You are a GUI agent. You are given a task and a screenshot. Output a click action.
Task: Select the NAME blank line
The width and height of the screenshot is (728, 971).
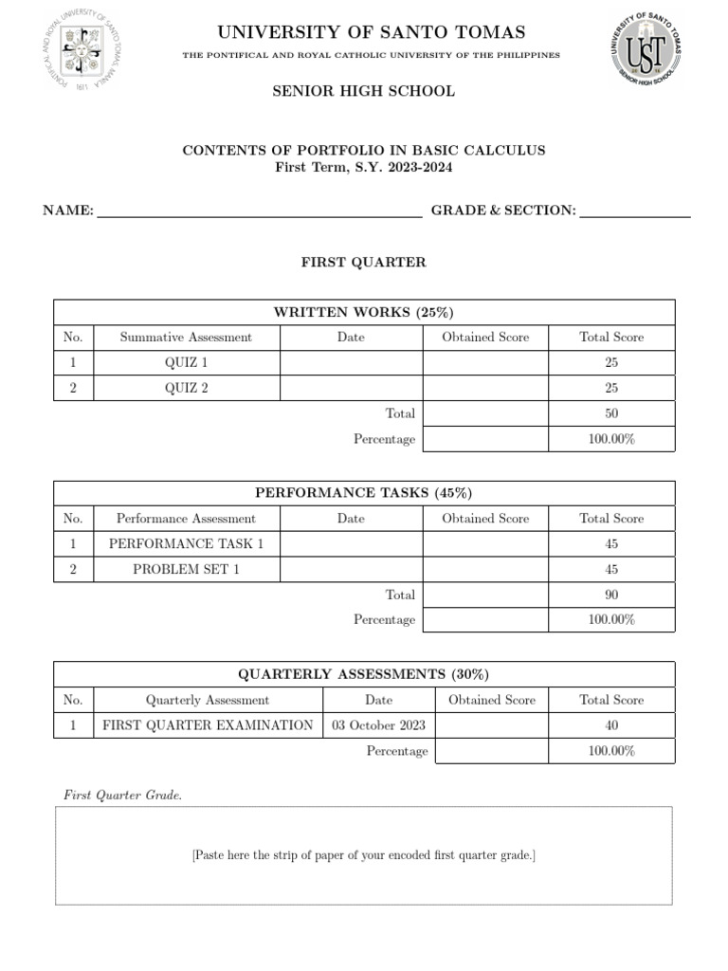point(260,211)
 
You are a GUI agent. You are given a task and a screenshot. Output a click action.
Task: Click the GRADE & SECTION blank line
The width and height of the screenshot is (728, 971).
point(634,211)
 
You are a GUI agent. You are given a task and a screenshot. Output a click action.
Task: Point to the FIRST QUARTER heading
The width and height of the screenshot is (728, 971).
point(363,262)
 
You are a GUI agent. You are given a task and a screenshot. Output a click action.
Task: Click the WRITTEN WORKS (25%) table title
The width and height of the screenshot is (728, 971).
point(363,312)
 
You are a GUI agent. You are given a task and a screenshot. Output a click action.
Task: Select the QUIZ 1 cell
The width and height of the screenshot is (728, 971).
point(186,362)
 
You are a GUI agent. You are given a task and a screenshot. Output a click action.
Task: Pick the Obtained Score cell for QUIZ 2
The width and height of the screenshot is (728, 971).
point(485,388)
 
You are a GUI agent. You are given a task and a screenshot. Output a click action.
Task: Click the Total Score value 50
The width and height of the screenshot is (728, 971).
point(611,413)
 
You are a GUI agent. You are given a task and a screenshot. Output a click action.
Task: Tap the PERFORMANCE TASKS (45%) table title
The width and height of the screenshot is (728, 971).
point(363,493)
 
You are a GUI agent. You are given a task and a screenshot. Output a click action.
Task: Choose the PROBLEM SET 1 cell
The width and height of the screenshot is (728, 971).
point(186,569)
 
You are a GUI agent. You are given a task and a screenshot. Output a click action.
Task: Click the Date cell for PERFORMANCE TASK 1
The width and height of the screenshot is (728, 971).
point(351,544)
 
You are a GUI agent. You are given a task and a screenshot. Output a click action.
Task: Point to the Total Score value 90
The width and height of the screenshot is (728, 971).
point(611,595)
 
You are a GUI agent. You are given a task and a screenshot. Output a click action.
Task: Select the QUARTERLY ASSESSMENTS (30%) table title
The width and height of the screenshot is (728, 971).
point(363,674)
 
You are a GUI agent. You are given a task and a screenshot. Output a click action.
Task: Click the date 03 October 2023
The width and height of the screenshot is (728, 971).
point(378,725)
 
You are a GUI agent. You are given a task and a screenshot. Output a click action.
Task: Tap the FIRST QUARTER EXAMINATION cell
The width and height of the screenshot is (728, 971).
point(208,725)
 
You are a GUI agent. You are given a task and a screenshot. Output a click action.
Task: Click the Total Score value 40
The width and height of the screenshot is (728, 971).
point(611,725)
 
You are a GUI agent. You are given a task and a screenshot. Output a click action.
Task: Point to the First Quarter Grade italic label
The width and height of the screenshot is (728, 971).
point(122,795)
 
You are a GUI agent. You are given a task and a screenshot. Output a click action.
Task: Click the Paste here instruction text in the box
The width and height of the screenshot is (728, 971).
point(363,855)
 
